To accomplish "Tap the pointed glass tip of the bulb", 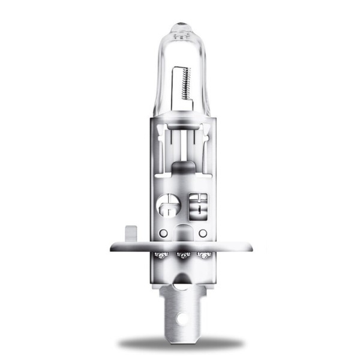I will click(x=180, y=26).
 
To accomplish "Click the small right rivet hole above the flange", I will click(x=202, y=232).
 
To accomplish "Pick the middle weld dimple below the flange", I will click(x=180, y=256).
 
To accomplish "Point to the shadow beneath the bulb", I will click(x=180, y=343).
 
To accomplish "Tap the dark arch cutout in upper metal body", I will click(x=180, y=167).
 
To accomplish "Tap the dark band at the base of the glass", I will click(x=180, y=115).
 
